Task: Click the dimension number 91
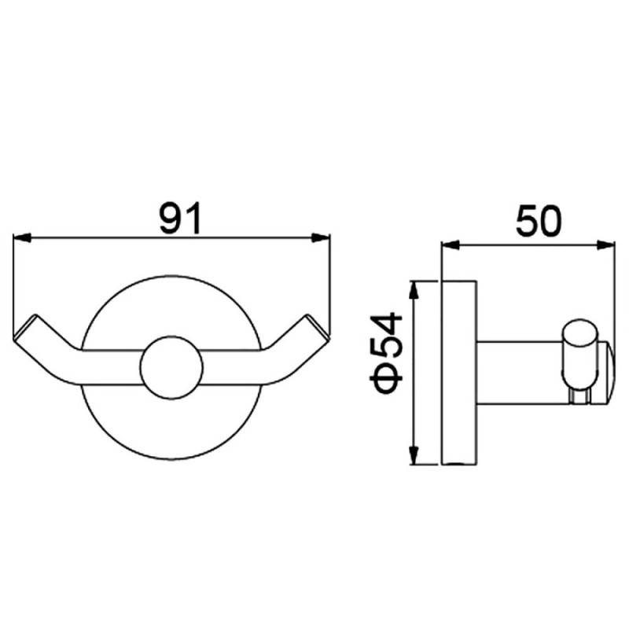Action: (180, 219)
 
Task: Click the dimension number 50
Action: (539, 221)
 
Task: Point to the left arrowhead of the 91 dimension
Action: (22, 238)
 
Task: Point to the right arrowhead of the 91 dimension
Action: (321, 238)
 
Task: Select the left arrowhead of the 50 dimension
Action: (450, 245)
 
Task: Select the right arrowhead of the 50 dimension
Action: (605, 245)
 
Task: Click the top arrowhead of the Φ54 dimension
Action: (414, 290)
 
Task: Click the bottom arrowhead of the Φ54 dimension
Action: (414, 456)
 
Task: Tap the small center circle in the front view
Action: (171, 367)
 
